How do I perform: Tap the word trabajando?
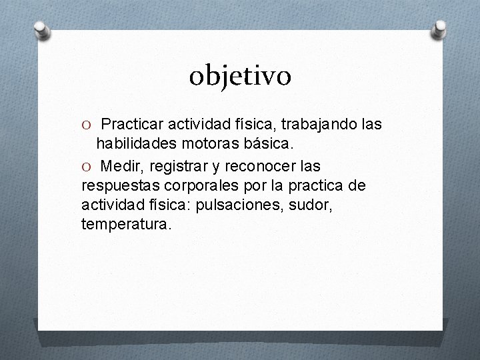click(319, 125)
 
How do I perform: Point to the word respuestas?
click(118, 183)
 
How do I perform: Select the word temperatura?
click(126, 224)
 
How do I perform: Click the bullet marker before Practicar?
click(86, 125)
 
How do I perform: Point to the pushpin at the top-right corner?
click(440, 28)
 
